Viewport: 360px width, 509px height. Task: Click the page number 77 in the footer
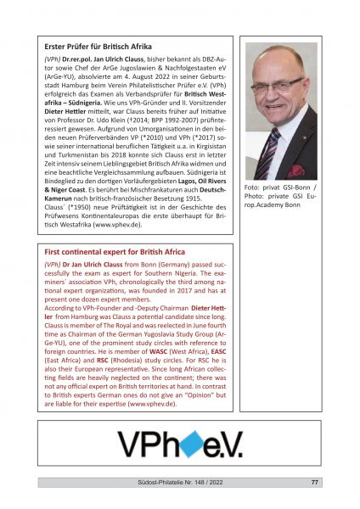coord(315,484)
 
